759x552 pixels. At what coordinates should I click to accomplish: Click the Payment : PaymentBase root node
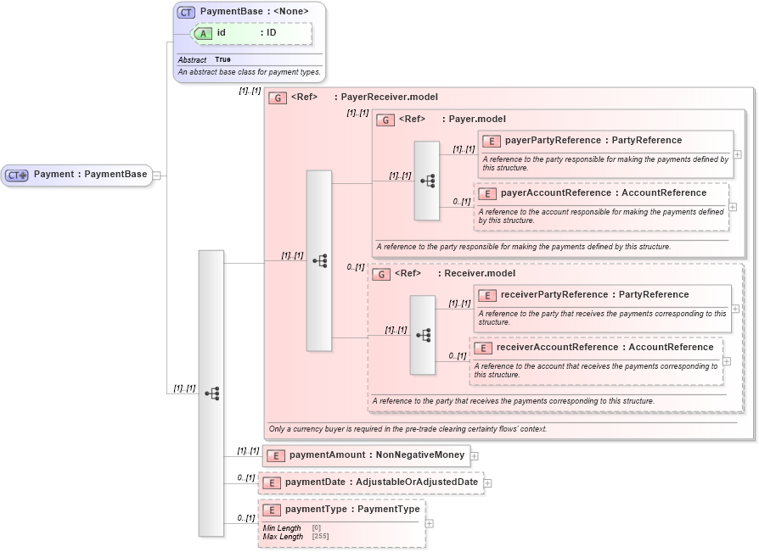77,175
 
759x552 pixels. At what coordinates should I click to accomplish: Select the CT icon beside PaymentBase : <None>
186,12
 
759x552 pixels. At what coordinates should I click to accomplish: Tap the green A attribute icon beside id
204,33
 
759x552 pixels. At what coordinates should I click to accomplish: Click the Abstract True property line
205,60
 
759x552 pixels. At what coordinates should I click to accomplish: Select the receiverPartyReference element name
554,295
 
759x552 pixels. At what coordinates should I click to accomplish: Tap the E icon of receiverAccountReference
482,348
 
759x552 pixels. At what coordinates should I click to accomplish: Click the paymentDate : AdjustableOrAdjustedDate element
370,482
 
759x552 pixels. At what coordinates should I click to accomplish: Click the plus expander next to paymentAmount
474,456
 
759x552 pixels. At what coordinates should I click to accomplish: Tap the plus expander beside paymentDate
487,483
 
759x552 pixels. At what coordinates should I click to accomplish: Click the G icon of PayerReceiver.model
277,98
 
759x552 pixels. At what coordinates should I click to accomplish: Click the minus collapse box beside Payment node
156,176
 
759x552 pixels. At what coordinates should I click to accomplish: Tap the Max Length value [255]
320,537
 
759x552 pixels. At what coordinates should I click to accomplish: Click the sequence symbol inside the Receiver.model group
422,335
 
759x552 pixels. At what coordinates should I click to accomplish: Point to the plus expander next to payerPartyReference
737,154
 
